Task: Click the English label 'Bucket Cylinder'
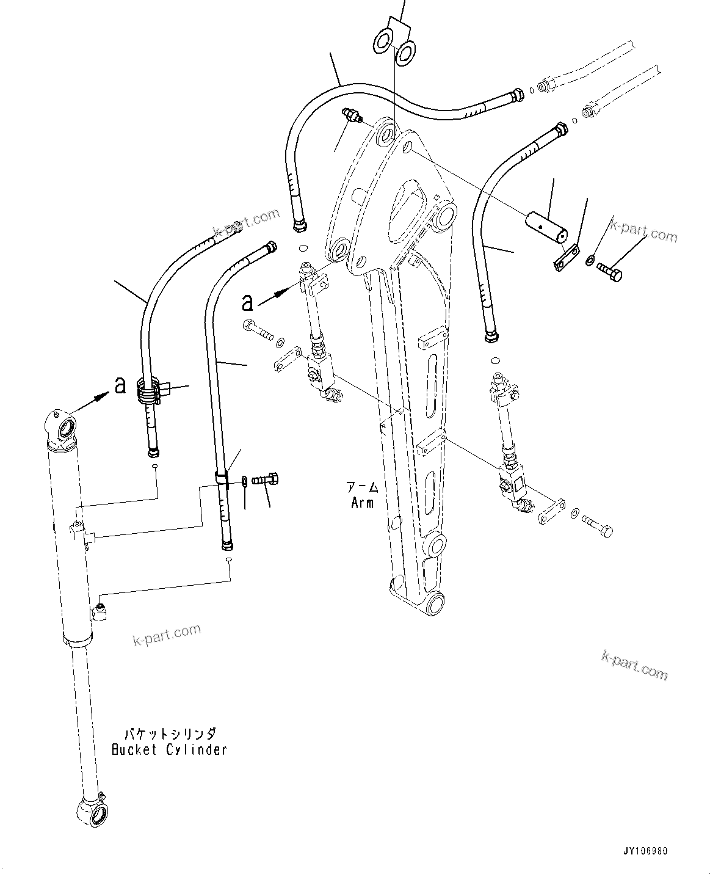[x=169, y=749]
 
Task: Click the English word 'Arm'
[x=362, y=503]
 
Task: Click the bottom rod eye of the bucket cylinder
[x=92, y=810]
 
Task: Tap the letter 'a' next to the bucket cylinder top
[x=120, y=384]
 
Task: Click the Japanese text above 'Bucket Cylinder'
[x=169, y=733]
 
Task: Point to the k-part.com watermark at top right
[x=644, y=232]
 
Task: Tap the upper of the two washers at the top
[x=384, y=42]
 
